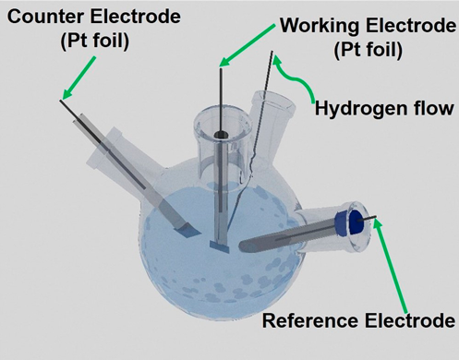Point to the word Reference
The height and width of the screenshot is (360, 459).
point(310,320)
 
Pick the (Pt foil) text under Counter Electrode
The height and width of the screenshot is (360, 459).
point(95,41)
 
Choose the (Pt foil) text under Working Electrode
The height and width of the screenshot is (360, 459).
point(368,50)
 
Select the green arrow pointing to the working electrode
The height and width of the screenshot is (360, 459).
point(247,45)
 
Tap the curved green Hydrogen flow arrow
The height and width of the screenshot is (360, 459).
point(297,80)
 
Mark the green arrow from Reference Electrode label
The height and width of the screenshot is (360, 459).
point(391,265)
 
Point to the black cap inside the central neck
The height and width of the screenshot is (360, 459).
point(221,135)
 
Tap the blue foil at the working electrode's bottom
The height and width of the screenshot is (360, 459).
point(220,246)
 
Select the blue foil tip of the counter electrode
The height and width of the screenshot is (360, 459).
point(187,231)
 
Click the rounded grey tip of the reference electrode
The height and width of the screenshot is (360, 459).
point(246,246)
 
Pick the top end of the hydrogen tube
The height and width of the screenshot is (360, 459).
point(272,52)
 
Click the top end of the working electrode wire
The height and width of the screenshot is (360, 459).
point(221,69)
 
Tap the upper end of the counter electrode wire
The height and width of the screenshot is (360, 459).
point(61,101)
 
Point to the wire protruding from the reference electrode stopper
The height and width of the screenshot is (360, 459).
point(367,219)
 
